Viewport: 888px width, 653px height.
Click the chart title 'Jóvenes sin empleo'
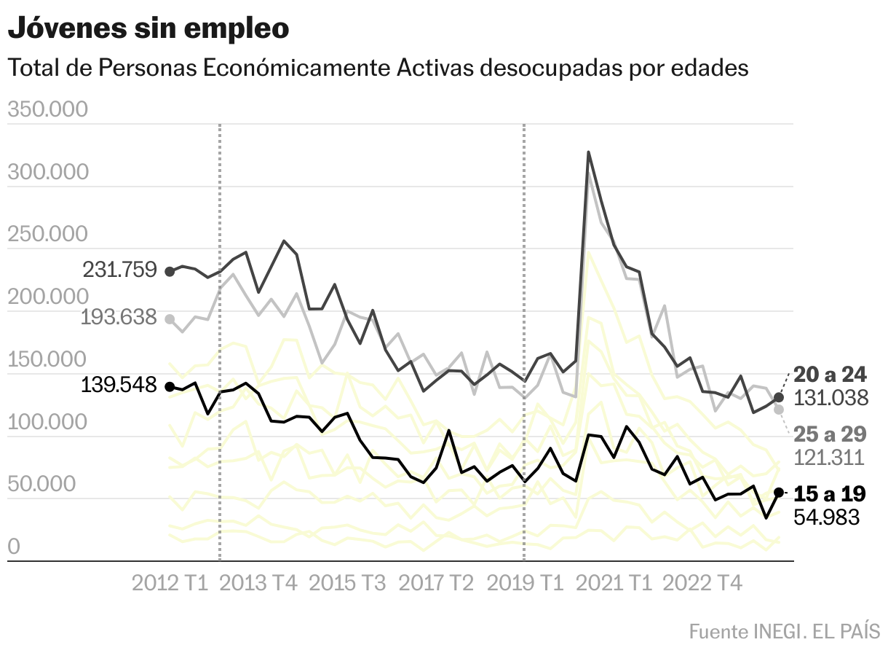[x=148, y=29]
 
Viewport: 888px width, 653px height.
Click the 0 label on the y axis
[x=13, y=547]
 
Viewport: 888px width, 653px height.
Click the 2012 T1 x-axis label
[x=170, y=584]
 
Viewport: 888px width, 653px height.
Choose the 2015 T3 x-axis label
[x=348, y=584]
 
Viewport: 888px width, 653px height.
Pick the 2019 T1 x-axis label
[x=524, y=584]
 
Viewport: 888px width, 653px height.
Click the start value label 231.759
[x=120, y=270]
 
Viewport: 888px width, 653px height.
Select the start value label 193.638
[x=120, y=318]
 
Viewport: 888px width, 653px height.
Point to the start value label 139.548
[x=120, y=386]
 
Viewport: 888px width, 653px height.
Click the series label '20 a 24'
[x=830, y=375]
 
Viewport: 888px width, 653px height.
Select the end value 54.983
[x=828, y=517]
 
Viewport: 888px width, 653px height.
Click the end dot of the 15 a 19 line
[x=779, y=493]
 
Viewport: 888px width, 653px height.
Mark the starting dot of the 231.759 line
[x=170, y=272]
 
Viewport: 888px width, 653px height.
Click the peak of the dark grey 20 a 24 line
[x=588, y=152]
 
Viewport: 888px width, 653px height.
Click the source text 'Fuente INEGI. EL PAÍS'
[x=784, y=631]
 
